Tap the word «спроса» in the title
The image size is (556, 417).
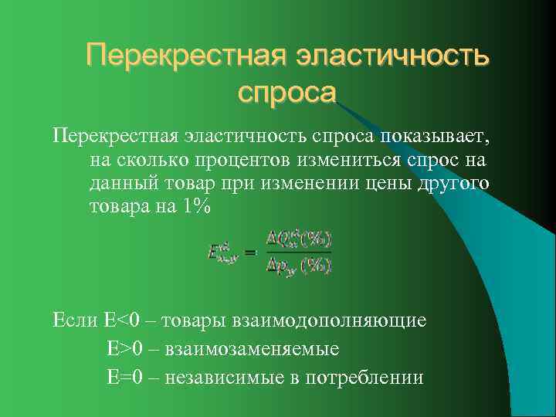click(287, 92)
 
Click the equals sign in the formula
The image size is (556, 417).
click(250, 252)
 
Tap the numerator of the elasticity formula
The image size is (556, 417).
click(298, 239)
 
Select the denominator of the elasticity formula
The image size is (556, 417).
click(298, 266)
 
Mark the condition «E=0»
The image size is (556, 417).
click(125, 378)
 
